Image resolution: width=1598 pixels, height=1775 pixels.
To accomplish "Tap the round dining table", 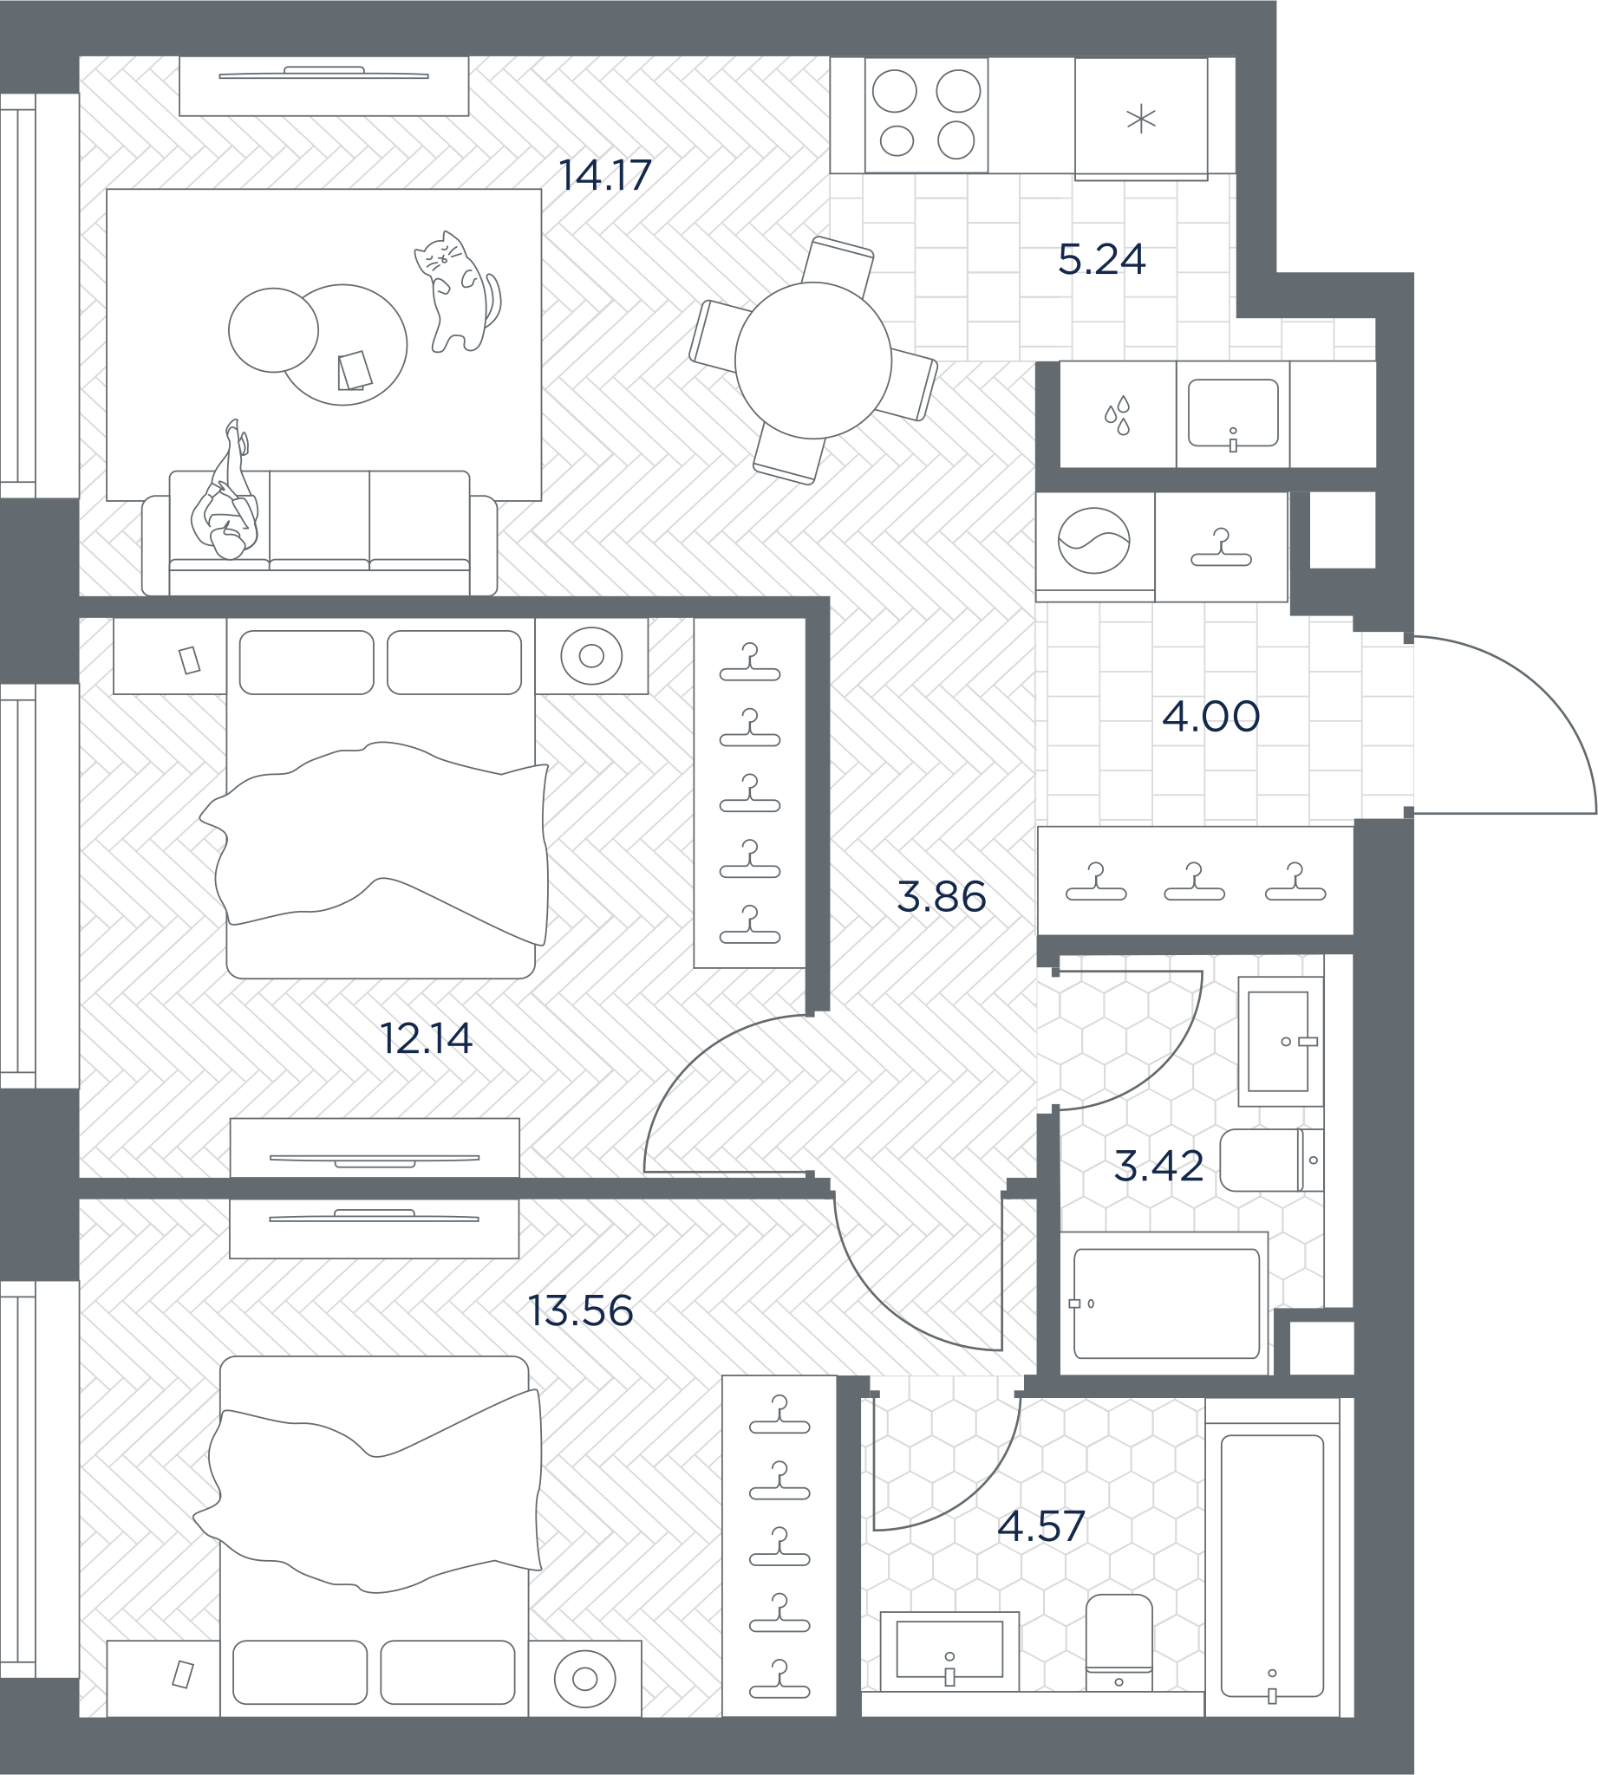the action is pos(813,360).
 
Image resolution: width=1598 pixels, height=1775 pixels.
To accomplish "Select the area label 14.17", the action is pos(605,175).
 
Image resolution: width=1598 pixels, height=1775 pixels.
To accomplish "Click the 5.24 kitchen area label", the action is pos(1101,259).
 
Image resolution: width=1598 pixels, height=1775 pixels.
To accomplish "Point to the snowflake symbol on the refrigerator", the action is pos(1140,119).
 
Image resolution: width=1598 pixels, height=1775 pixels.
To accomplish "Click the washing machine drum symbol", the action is pos(1093,541).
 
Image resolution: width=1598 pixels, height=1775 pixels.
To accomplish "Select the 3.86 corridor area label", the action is pos(942,896).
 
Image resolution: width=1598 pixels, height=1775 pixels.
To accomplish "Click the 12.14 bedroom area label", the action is pos(426,1038).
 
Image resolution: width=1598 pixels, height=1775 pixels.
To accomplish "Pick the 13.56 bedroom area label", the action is pos(580,1310).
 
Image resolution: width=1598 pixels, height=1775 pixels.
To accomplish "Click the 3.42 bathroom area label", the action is pos(1158,1166).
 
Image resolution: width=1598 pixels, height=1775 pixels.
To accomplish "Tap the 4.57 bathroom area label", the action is pos(1041,1526).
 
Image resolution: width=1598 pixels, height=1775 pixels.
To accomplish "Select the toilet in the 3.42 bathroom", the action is pos(1271,1160).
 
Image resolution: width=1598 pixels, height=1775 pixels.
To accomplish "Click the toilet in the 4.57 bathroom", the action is pos(1119,1642).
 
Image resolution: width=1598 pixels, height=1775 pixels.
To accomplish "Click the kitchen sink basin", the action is pos(1233,413).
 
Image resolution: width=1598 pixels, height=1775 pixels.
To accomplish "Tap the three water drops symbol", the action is pos(1118,415).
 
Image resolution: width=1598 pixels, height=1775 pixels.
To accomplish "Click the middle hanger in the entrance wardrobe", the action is pos(1194,881).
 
